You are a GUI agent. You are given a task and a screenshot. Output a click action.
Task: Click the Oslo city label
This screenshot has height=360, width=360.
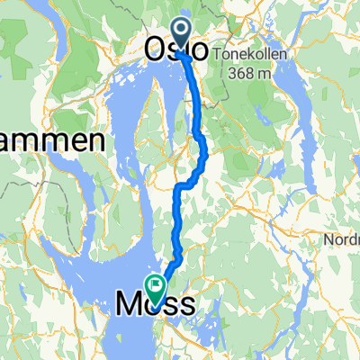pos(179,49)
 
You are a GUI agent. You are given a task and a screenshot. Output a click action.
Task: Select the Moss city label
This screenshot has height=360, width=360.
pos(155,305)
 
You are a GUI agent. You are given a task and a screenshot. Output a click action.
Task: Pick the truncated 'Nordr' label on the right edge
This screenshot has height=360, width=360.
pos(342,240)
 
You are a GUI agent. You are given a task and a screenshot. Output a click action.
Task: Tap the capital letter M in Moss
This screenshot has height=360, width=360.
pos(130,305)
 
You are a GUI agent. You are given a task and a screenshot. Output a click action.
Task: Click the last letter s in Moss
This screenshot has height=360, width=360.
pos(184,306)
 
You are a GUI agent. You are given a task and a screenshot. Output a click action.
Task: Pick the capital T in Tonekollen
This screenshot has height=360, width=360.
pos(219,54)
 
